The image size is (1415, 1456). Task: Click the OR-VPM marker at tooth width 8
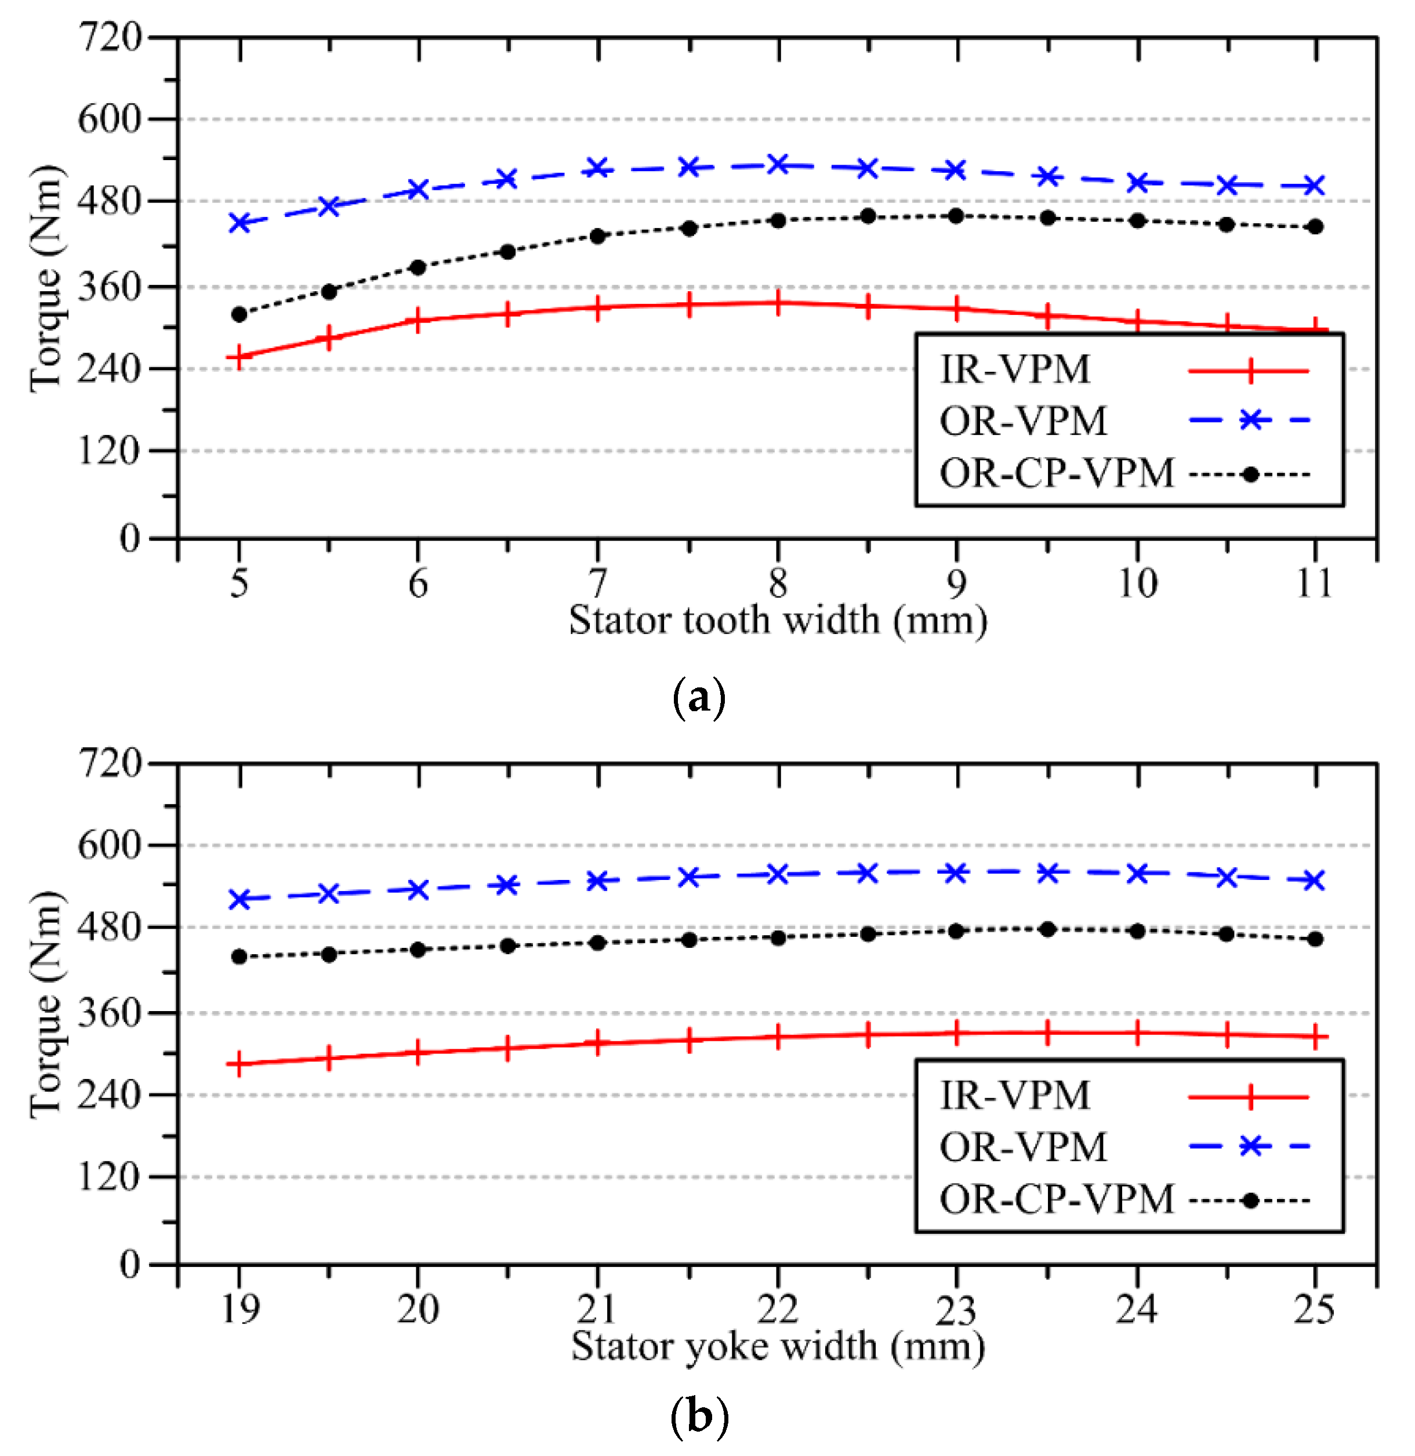click(778, 164)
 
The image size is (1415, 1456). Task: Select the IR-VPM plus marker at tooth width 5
click(238, 357)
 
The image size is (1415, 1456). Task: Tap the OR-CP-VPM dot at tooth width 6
click(418, 267)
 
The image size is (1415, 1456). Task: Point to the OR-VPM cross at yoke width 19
click(238, 899)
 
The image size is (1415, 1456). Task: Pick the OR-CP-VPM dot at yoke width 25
click(1315, 939)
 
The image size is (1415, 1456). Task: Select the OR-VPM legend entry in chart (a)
click(1024, 421)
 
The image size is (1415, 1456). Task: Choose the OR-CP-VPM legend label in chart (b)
click(1056, 1199)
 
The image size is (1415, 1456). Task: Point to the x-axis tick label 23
click(956, 1310)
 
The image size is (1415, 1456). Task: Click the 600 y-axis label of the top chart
click(109, 119)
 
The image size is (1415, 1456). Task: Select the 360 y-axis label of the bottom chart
click(109, 1012)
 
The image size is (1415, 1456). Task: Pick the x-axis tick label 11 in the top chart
click(1314, 584)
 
